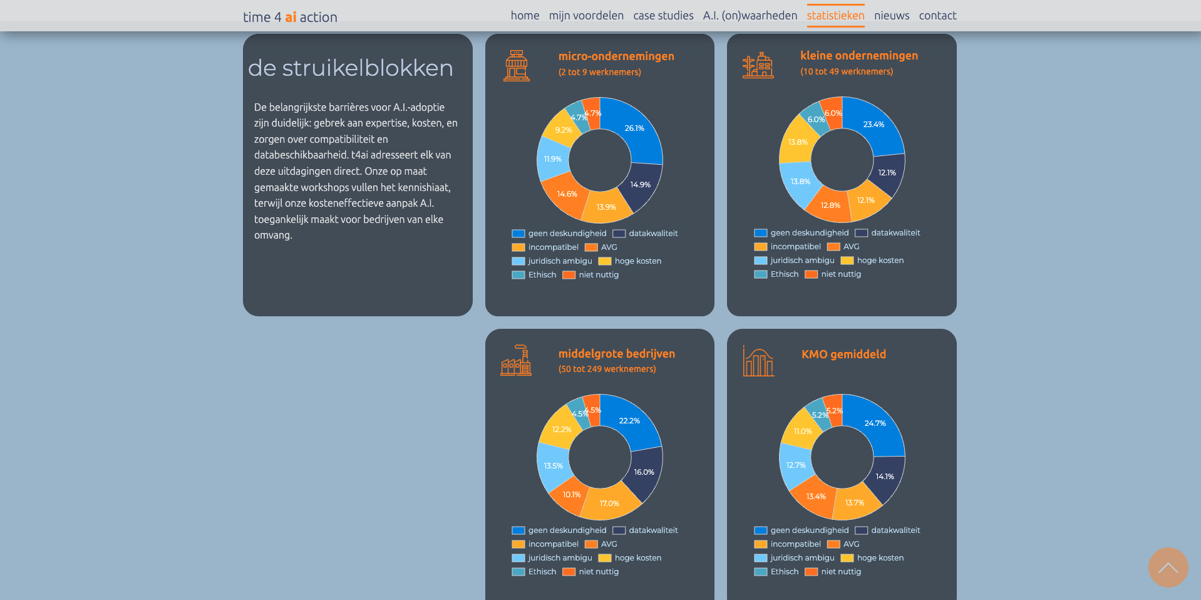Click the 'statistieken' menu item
(x=835, y=16)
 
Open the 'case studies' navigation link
(x=663, y=16)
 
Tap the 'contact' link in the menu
(x=937, y=16)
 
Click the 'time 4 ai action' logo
(x=290, y=17)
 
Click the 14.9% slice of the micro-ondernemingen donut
(x=640, y=185)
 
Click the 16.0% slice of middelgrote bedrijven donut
(x=644, y=472)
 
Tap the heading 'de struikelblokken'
(x=350, y=68)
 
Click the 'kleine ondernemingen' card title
(x=858, y=56)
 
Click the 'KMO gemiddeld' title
(x=843, y=354)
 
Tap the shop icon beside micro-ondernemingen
(x=517, y=65)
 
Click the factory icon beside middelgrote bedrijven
(x=516, y=360)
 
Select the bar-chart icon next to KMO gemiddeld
(x=758, y=361)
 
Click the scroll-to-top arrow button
(x=1168, y=567)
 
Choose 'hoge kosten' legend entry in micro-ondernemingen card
(x=631, y=261)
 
